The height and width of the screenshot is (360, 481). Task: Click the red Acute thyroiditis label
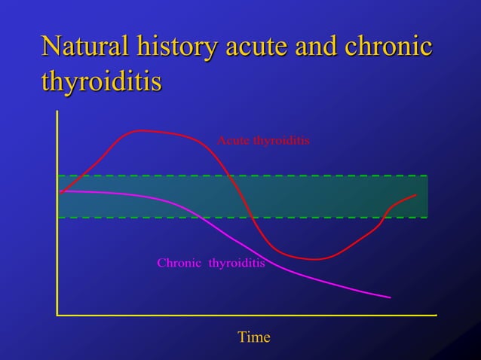point(263,140)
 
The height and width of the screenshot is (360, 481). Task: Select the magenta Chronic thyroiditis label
point(210,264)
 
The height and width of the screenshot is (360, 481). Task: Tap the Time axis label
point(253,337)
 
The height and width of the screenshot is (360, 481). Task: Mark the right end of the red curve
point(416,195)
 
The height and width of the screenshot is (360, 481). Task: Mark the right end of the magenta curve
point(391,297)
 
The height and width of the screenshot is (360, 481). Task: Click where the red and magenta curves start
point(61,191)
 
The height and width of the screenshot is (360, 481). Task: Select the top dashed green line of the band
point(242,176)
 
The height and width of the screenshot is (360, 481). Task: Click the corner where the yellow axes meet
point(57,314)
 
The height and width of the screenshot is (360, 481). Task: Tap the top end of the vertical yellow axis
point(57,111)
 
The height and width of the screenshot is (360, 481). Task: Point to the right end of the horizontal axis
point(436,314)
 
